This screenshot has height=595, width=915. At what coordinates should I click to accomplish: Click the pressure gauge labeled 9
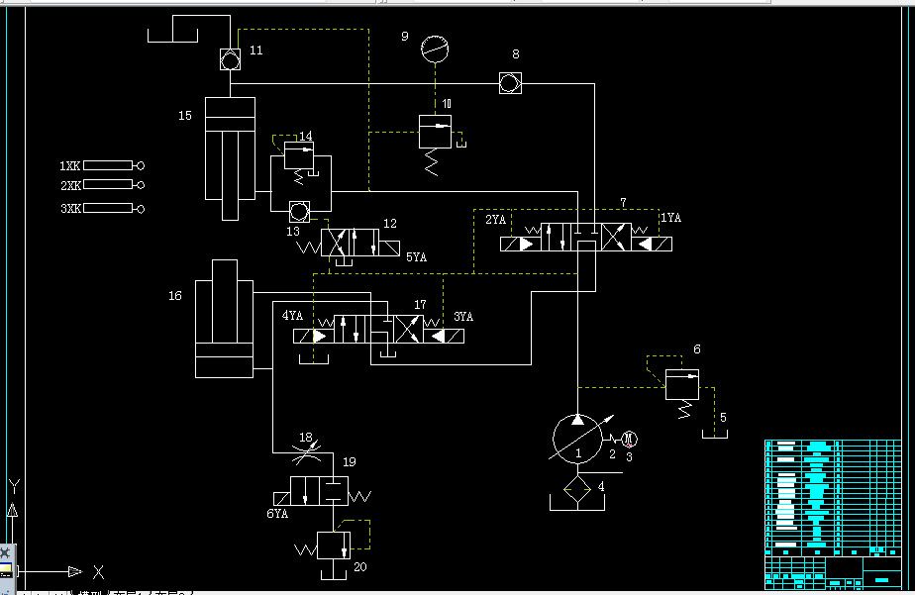click(434, 47)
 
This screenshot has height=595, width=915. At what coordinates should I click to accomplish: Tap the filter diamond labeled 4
click(579, 490)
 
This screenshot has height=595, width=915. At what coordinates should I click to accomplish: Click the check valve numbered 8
click(510, 84)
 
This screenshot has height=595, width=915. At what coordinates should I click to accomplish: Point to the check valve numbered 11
click(230, 60)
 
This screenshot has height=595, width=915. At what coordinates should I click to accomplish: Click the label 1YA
click(670, 218)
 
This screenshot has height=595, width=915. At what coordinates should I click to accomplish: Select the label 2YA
click(495, 219)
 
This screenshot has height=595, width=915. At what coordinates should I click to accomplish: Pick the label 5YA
click(416, 256)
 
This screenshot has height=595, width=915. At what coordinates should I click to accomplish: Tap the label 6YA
click(277, 514)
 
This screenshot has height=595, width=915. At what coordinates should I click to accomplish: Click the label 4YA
click(292, 317)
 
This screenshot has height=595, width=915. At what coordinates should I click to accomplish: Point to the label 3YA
click(462, 317)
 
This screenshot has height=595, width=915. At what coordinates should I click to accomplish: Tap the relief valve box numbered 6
click(682, 383)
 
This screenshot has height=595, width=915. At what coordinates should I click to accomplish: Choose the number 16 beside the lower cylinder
click(175, 295)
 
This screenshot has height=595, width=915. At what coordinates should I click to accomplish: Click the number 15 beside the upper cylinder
click(185, 116)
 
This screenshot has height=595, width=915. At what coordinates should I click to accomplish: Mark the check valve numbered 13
click(298, 211)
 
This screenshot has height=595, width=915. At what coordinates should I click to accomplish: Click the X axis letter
click(98, 571)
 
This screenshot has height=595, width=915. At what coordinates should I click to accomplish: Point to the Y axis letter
click(14, 486)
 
